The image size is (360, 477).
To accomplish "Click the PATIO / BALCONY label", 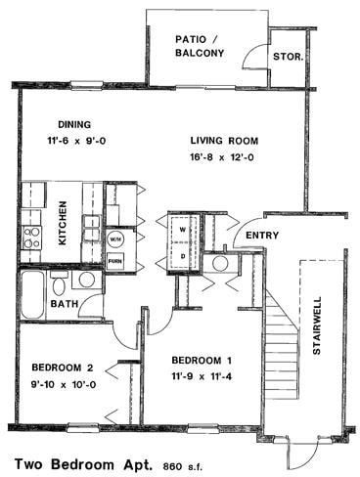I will (198, 47).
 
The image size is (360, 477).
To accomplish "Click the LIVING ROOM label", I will (224, 141).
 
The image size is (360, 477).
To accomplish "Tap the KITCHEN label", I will (62, 224).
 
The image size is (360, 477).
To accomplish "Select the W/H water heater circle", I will (114, 238).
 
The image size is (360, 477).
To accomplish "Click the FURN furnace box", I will (114, 261).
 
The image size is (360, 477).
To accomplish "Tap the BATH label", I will (66, 305).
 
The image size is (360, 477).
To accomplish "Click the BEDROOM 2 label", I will (63, 368).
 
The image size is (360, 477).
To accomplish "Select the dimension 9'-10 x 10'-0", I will (63, 384).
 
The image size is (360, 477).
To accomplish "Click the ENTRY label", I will (262, 236).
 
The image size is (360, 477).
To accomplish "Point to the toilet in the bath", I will (59, 284).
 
